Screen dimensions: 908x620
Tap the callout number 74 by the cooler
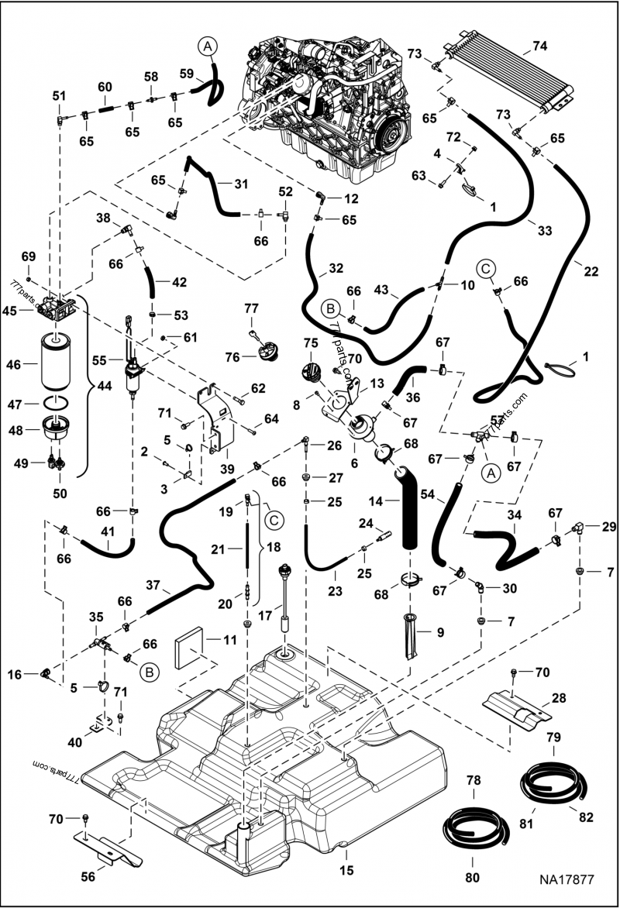539,46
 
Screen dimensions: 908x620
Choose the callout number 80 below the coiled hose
472,877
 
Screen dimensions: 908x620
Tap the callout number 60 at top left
105,86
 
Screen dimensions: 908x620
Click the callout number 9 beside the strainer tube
439,631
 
